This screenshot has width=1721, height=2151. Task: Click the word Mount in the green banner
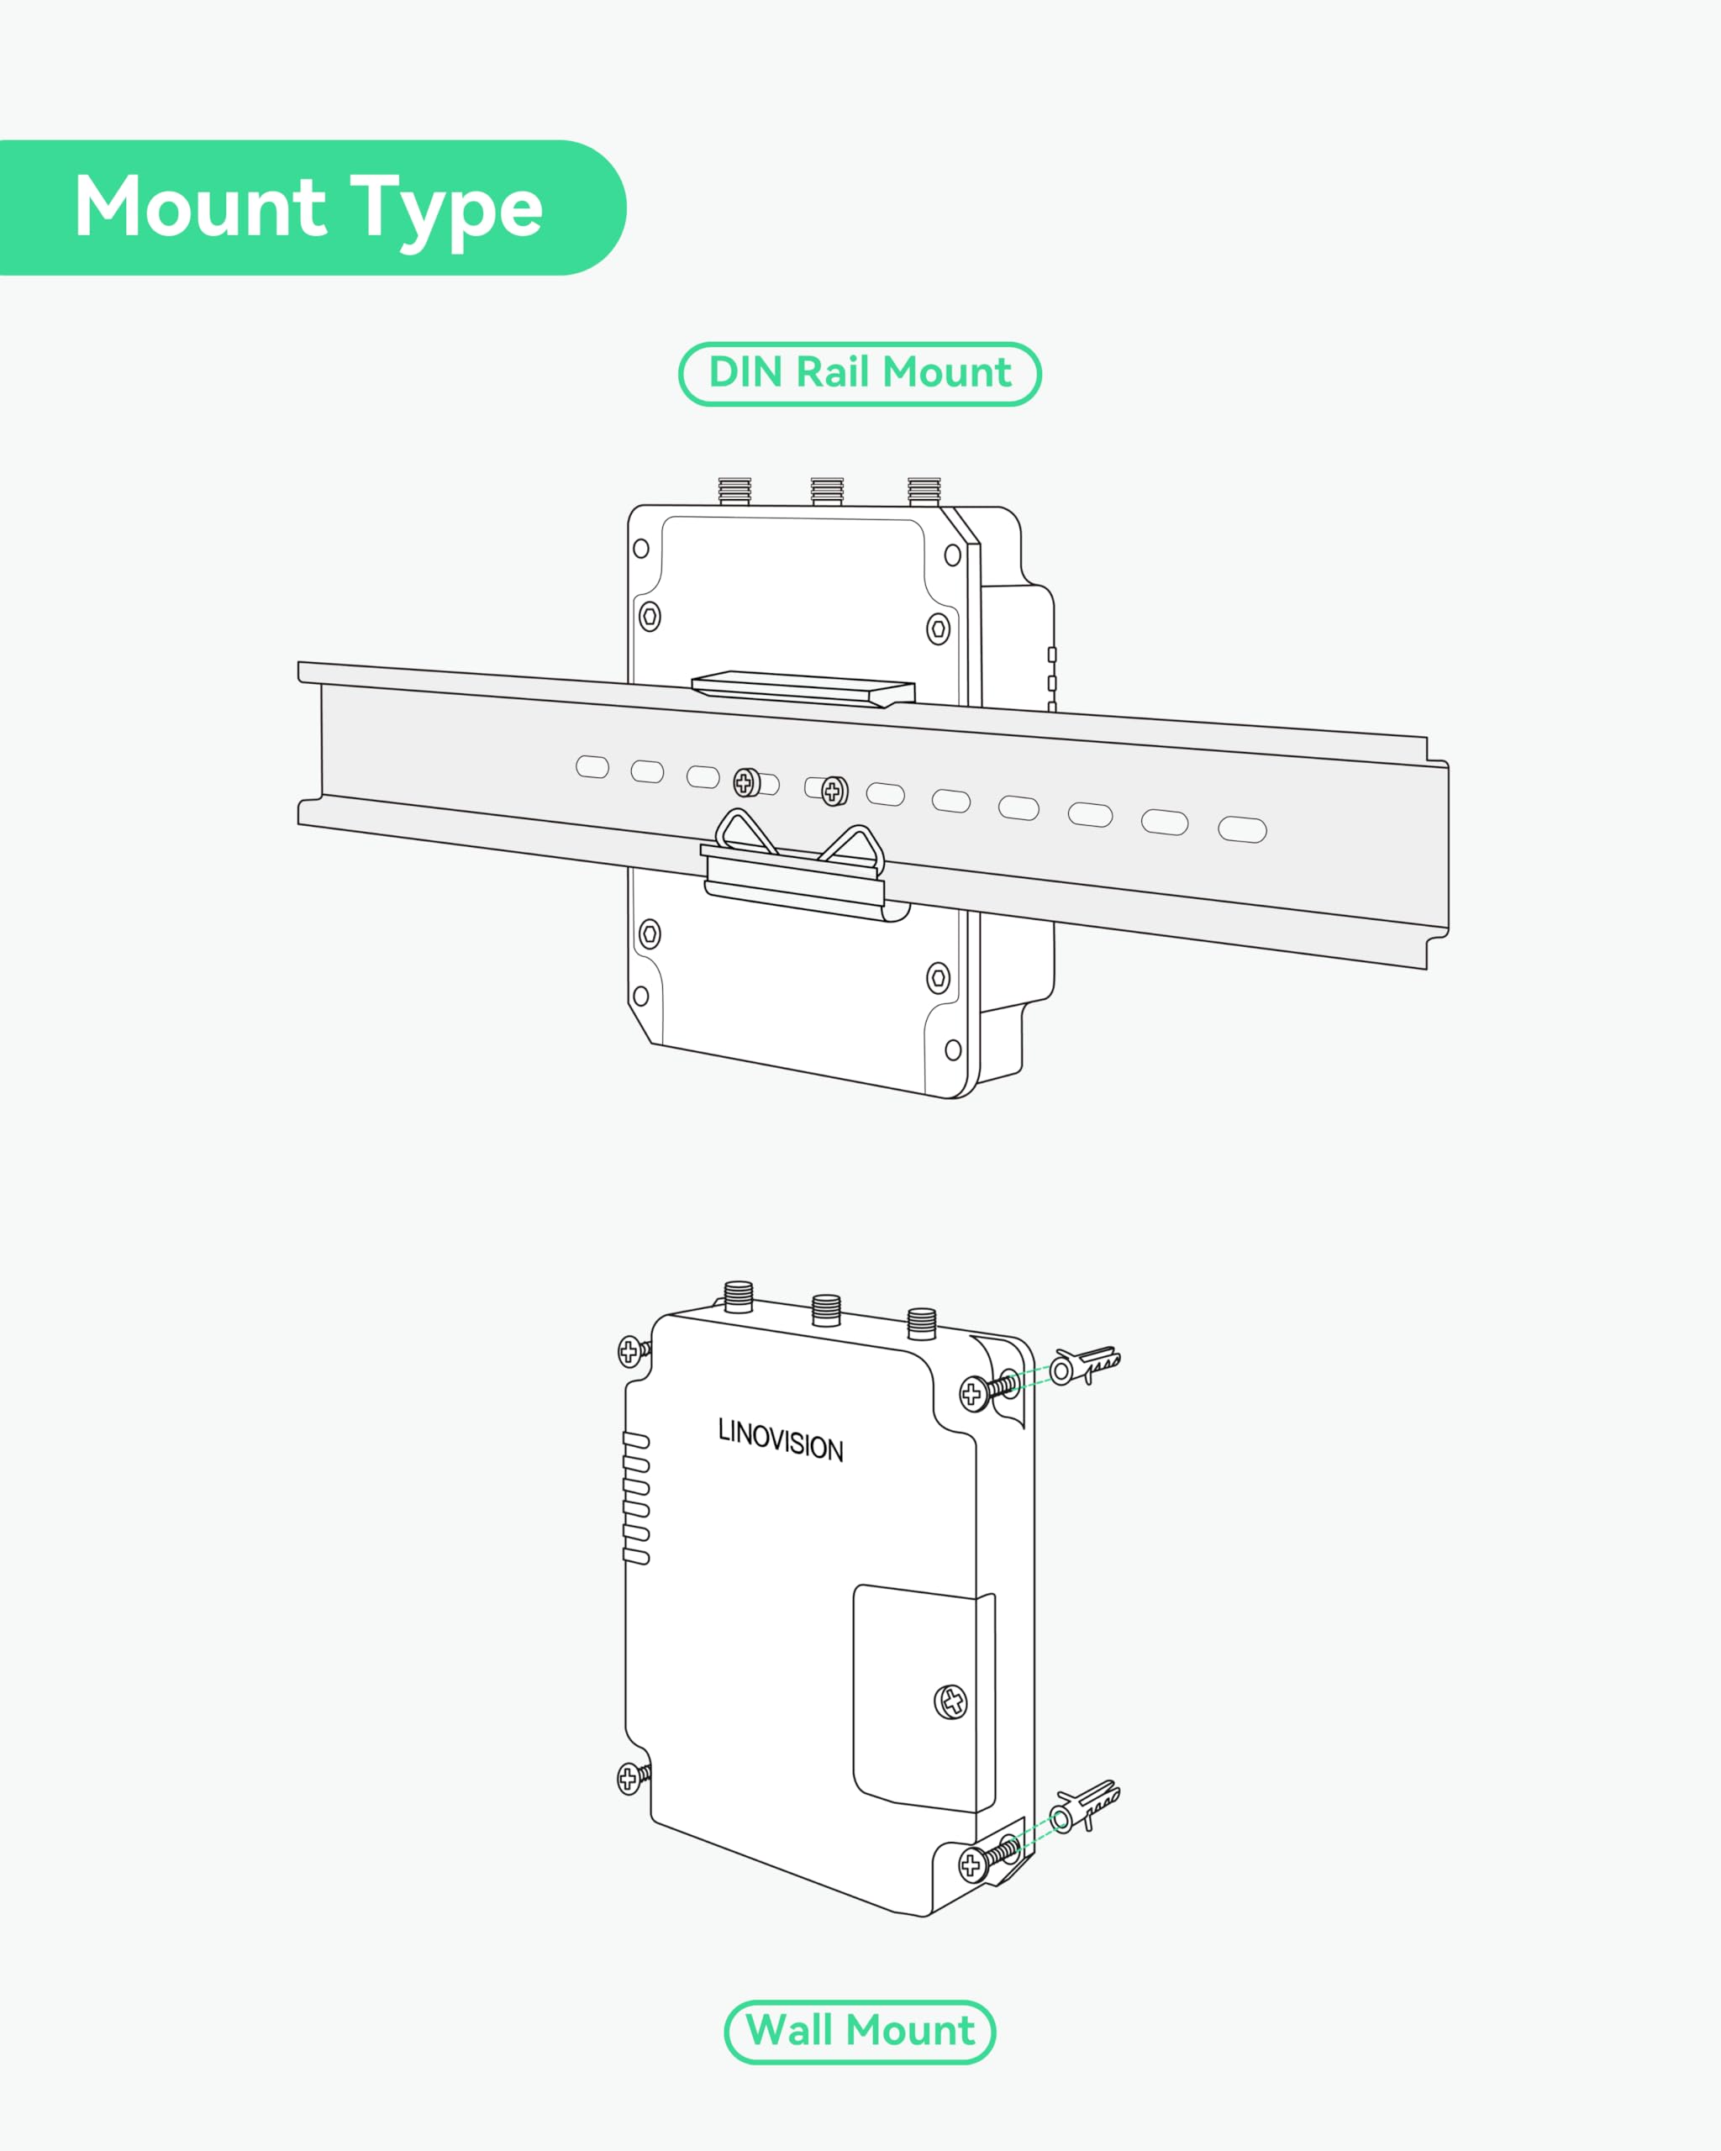coord(199,207)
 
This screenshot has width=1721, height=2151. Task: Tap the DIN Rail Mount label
coord(860,373)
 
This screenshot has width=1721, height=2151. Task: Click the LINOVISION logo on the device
coord(780,1439)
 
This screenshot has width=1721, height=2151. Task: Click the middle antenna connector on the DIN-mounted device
coord(827,492)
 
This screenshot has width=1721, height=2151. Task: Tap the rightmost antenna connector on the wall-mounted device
coord(922,1323)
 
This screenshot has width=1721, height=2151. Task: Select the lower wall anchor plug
coord(1086,1805)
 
